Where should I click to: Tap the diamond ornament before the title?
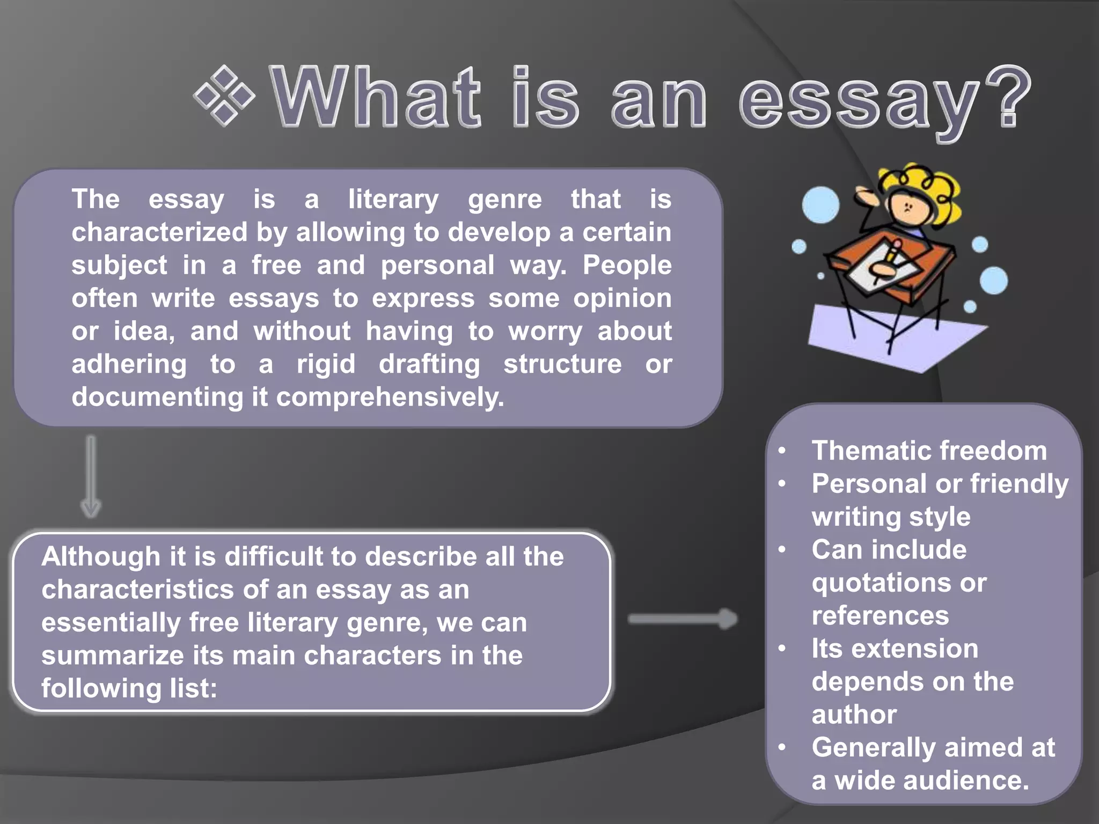click(x=224, y=96)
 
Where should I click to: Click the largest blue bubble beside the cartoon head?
click(x=820, y=205)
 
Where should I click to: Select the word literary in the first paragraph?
click(x=393, y=200)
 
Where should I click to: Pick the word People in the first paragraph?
click(x=627, y=265)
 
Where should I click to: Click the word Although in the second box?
click(x=101, y=556)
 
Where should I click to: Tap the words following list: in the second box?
click(x=129, y=688)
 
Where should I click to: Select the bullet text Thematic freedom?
click(x=929, y=451)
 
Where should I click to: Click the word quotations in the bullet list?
click(x=881, y=583)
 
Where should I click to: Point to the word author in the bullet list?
click(x=854, y=715)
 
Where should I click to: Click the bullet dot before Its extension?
click(x=782, y=649)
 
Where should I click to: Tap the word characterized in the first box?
click(x=159, y=232)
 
